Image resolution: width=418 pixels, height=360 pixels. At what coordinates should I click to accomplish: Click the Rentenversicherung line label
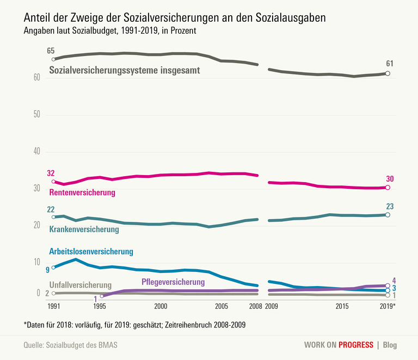click(x=82, y=193)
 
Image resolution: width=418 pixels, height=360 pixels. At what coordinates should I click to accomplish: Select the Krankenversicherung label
click(x=84, y=229)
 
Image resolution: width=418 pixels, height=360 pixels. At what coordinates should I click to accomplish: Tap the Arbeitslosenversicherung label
click(x=91, y=251)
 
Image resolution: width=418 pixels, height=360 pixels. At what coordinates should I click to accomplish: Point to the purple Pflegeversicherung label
click(x=173, y=282)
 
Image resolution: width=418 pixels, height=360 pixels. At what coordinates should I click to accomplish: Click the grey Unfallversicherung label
click(x=81, y=285)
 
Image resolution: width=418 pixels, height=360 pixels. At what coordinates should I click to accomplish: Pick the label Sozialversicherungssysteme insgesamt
click(x=125, y=70)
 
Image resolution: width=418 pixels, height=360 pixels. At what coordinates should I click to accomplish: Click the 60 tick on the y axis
click(x=37, y=78)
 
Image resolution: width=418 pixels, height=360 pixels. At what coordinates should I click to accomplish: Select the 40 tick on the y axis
click(x=37, y=152)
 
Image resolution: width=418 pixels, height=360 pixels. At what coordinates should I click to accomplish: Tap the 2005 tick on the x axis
click(x=221, y=307)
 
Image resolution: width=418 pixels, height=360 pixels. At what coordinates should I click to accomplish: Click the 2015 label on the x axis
click(x=342, y=307)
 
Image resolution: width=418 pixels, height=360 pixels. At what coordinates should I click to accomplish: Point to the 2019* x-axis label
click(x=388, y=307)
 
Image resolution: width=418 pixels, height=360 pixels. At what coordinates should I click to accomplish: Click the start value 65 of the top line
click(x=51, y=51)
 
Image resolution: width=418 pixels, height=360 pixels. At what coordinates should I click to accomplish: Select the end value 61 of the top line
click(x=389, y=64)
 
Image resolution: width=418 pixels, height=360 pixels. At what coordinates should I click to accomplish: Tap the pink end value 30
click(x=390, y=178)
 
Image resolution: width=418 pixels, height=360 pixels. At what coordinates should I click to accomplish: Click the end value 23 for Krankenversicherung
click(x=390, y=206)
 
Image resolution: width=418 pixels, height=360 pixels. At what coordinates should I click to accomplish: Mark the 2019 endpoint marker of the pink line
click(x=388, y=188)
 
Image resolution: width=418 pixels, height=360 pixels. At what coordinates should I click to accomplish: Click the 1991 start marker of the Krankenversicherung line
click(x=53, y=217)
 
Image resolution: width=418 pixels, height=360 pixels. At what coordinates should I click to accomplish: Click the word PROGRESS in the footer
click(x=356, y=345)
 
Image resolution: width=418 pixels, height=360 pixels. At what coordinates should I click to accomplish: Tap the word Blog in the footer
click(x=390, y=345)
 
